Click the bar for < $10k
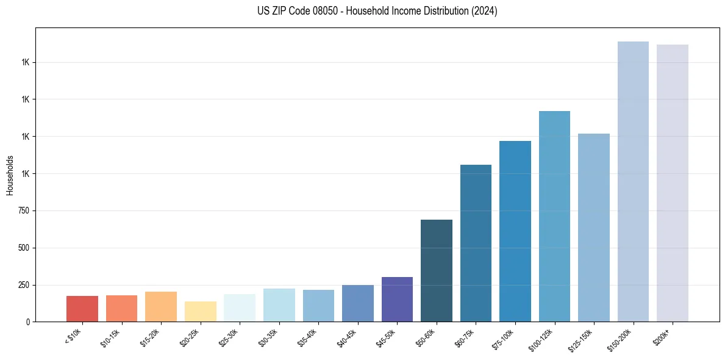point(82,309)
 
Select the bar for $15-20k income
point(161,306)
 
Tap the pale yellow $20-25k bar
point(201,311)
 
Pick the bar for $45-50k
point(397,299)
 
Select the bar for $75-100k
point(515,231)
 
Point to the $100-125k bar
point(554,216)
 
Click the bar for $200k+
point(673,183)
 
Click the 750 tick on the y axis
point(24,211)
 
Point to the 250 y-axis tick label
point(24,285)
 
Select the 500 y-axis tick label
point(24,248)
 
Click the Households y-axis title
point(10,175)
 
